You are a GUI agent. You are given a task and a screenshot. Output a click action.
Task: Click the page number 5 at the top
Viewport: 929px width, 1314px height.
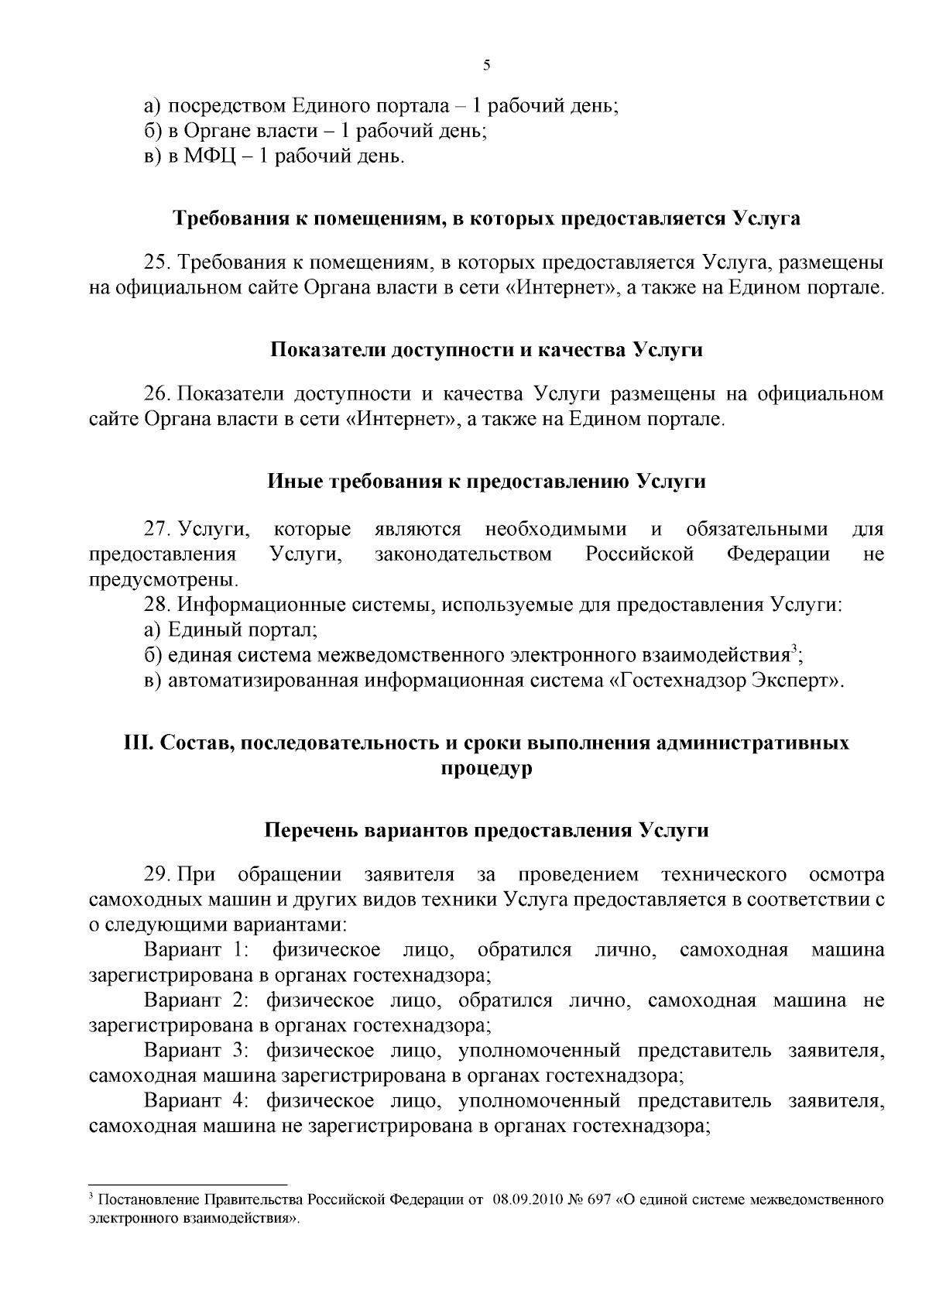(x=486, y=66)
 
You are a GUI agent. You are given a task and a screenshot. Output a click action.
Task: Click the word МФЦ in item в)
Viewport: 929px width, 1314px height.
(x=207, y=156)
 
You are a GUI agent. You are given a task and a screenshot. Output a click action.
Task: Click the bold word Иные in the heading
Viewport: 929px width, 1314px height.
(x=296, y=482)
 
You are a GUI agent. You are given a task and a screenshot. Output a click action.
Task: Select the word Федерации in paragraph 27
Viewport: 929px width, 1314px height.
(x=778, y=554)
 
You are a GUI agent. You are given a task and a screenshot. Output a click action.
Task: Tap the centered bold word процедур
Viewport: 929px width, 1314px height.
(x=486, y=770)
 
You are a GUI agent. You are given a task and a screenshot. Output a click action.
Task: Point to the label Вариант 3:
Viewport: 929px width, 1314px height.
(x=196, y=1051)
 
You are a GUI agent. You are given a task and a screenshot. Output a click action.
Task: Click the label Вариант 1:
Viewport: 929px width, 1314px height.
(x=196, y=950)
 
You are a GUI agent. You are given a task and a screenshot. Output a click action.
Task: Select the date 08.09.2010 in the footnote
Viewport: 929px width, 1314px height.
(x=526, y=1201)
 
